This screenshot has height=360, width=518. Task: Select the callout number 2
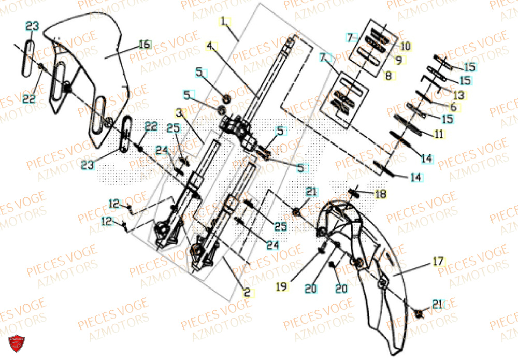point(248,293)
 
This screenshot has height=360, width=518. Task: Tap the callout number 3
point(179,112)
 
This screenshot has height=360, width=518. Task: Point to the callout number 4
point(210,46)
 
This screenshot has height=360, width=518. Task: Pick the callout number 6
point(454,107)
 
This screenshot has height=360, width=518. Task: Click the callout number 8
point(389,76)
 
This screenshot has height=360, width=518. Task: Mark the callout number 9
point(398,60)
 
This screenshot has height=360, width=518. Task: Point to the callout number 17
point(438,262)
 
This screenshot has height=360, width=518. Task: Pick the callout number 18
point(381,194)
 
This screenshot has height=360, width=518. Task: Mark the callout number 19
point(281,286)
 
